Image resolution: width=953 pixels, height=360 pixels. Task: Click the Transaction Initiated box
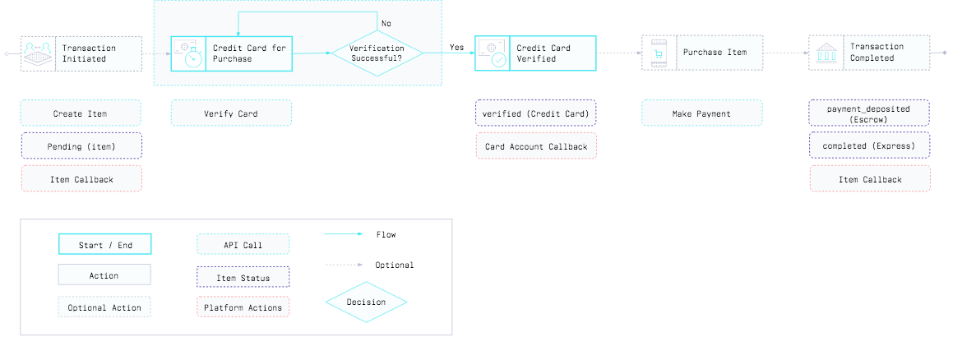click(81, 53)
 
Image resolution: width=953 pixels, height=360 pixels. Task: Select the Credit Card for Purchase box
click(231, 53)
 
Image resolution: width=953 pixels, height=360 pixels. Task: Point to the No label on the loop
click(386, 23)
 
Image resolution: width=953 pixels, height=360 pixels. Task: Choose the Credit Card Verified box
click(534, 53)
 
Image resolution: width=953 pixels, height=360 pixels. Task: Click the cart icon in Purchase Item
click(657, 53)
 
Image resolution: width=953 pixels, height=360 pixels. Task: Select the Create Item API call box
click(81, 113)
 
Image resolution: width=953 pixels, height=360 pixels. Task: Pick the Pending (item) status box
click(81, 146)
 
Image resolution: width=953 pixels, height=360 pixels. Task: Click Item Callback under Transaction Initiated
click(81, 179)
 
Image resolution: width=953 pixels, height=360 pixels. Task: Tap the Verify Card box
click(231, 113)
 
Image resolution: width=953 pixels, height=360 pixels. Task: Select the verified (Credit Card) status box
click(536, 113)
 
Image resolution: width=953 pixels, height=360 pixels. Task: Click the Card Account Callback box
click(536, 146)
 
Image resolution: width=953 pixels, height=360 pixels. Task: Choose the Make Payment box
click(702, 113)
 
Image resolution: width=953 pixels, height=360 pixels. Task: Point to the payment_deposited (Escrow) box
click(869, 113)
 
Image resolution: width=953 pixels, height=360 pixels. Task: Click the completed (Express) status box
click(869, 146)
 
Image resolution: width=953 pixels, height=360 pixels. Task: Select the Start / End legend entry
click(104, 245)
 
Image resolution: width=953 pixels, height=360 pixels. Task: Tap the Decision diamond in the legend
click(366, 302)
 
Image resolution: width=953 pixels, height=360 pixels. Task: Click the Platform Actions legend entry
click(243, 307)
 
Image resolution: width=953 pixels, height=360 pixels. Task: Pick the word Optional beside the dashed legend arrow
click(395, 265)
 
